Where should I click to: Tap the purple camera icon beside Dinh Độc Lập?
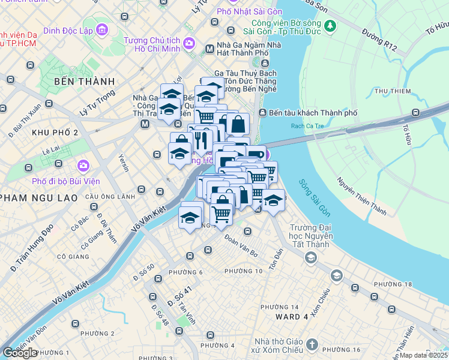coord(101,29)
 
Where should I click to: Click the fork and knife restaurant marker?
coord(200,139)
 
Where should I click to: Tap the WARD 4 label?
coord(292,316)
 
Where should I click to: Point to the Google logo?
coord(20,353)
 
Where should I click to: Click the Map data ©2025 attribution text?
coord(423,355)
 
